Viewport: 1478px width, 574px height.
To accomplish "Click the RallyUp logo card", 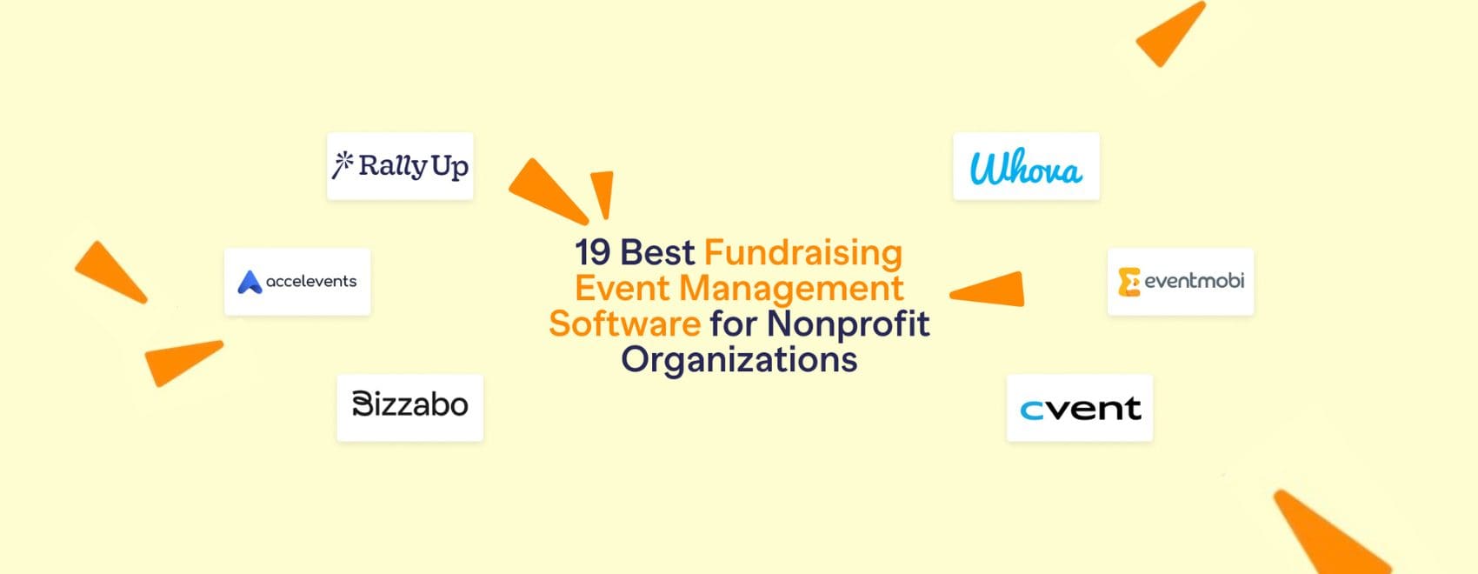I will [400, 166].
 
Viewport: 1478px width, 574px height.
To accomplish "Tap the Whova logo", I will [1026, 166].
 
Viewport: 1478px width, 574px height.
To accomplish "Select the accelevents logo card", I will [297, 282].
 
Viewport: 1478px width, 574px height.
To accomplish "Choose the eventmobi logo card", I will [1181, 282].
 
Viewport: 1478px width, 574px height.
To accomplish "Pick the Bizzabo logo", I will [409, 405].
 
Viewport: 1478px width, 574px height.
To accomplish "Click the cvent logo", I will [1080, 408].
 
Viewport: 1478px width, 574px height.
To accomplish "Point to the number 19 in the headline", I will [593, 253].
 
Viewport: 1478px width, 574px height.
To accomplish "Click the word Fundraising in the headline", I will [803, 253].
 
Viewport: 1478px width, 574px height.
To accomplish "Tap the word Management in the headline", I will [791, 288].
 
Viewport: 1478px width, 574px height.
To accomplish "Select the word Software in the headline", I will [624, 324].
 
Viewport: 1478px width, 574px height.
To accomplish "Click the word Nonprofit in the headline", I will [849, 324].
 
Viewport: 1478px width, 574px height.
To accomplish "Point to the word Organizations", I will [739, 359].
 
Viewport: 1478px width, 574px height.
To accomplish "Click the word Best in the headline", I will [658, 253].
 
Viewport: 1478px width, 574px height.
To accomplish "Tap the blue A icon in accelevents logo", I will [250, 282].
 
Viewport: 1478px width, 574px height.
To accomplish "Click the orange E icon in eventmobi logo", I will [1128, 282].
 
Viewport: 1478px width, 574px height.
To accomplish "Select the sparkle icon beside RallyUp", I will [343, 164].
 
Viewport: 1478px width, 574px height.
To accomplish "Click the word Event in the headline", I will [622, 288].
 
